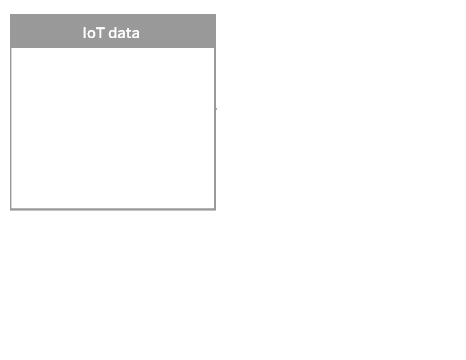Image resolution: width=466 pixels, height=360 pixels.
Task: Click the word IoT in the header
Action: point(94,33)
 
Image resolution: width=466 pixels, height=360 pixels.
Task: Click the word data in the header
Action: point(124,33)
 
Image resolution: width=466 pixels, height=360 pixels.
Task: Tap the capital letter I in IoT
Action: point(84,33)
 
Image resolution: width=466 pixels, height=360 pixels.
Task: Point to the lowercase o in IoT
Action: point(91,34)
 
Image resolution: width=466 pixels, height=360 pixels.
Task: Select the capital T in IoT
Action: point(100,33)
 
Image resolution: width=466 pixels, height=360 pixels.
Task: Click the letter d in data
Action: point(113,33)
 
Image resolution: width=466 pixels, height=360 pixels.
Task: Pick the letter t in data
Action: point(128,34)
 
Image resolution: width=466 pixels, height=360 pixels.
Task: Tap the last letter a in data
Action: point(135,34)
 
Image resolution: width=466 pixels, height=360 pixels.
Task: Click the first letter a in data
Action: point(122,34)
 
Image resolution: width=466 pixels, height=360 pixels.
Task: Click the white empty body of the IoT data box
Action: point(113,128)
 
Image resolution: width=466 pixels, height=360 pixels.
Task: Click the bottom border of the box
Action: point(113,209)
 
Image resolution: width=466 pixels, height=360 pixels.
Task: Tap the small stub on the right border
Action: point(216,109)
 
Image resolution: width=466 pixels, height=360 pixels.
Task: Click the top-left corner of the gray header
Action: point(10,14)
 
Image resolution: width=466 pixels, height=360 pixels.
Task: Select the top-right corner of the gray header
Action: point(216,14)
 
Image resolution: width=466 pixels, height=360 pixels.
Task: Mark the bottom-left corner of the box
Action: point(10,211)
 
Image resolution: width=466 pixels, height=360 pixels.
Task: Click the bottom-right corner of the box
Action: point(215,211)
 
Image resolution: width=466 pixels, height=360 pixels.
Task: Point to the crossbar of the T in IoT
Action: point(100,28)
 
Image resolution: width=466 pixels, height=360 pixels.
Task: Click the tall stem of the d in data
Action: point(116,33)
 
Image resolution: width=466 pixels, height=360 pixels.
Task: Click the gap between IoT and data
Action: point(106,33)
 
